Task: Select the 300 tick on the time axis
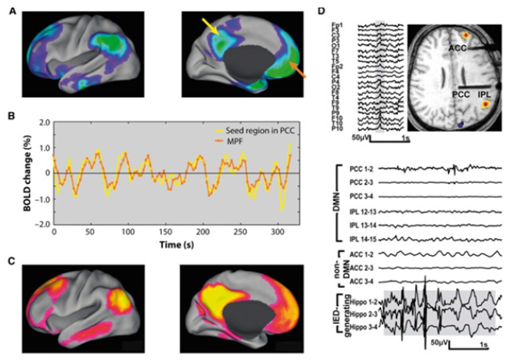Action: click(277, 232)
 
